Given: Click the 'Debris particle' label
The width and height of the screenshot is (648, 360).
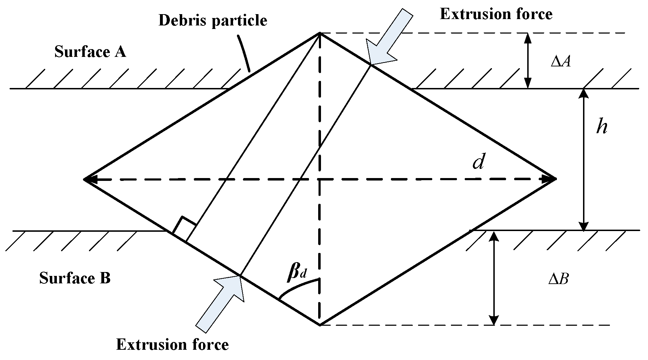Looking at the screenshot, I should coord(213,20).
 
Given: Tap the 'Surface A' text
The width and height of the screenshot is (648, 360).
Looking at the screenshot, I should coord(90,52).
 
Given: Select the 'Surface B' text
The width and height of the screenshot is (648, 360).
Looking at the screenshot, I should coord(75,278).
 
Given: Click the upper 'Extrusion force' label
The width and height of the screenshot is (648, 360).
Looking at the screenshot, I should coord(496,14).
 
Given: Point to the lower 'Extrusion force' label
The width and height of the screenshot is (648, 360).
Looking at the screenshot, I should coord(172,344).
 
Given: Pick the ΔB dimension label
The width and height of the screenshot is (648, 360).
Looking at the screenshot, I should coord(558,280).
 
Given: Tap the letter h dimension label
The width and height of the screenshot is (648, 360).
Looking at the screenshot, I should coord(602,126).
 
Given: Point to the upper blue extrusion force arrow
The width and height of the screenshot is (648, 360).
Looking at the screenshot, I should coord(388,35).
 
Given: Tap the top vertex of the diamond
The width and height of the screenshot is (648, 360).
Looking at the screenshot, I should coord(320,33).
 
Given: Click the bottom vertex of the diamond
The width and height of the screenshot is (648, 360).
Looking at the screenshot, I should coord(320,325).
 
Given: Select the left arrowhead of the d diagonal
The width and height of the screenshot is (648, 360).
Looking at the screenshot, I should coord(88,179).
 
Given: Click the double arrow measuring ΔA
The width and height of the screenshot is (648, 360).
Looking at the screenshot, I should coord(528,60).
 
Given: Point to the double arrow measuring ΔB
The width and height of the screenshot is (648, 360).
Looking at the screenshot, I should coord(494,278).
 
